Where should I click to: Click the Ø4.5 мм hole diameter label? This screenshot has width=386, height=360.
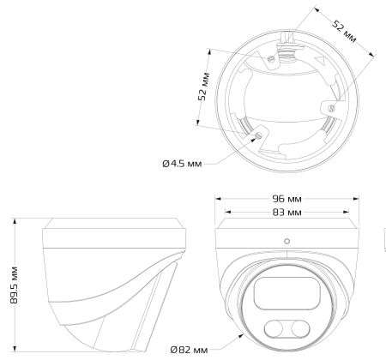181,163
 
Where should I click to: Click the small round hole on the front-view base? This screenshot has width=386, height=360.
286,241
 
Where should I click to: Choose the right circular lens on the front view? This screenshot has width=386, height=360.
298,328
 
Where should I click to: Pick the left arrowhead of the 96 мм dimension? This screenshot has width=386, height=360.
217,197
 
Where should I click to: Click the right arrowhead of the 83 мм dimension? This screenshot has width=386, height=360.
347,210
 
